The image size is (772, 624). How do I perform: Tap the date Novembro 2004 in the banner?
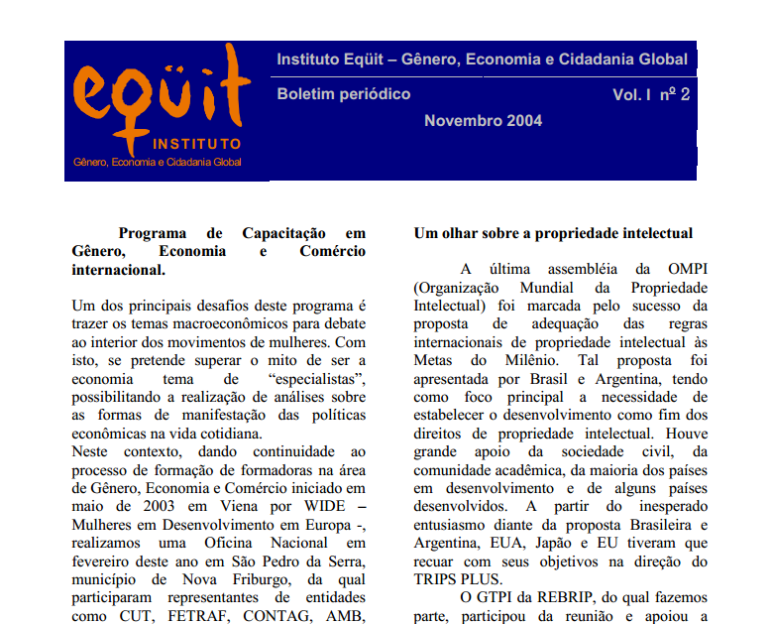[x=483, y=121]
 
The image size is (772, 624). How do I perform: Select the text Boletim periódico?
[x=344, y=94]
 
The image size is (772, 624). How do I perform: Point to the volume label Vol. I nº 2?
[x=650, y=94]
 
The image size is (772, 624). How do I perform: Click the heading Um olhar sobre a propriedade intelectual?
[x=552, y=233]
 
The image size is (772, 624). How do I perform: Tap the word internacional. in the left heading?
[x=119, y=269]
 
